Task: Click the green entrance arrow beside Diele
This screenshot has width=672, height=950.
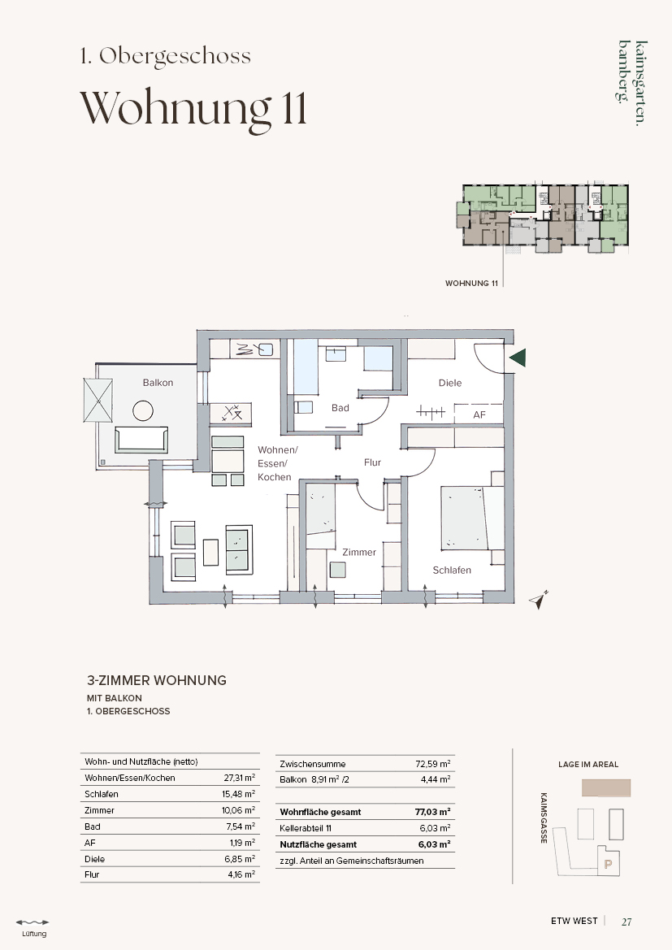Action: pos(518,358)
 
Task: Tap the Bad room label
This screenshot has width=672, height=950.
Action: pos(340,408)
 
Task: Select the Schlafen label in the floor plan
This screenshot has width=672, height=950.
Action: pos(452,570)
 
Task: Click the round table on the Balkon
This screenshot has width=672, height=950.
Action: pos(143,410)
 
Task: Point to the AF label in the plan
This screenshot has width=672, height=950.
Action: pos(479,415)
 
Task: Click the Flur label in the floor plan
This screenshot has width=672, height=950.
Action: pos(372,462)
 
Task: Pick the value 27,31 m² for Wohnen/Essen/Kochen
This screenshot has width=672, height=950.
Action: pos(240,778)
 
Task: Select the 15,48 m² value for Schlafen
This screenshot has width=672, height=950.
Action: pos(239,794)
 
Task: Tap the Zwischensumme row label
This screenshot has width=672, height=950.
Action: pos(313,764)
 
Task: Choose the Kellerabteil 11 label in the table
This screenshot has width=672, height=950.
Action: pos(306,828)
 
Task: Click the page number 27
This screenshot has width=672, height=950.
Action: pos(626,922)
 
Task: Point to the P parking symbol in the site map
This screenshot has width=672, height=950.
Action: pos(609,865)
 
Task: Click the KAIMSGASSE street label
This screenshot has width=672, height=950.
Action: pos(544,818)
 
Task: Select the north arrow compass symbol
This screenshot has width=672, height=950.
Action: pos(538,600)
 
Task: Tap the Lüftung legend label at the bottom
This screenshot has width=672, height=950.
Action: pos(34,934)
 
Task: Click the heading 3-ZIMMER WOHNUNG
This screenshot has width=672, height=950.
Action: pos(157,680)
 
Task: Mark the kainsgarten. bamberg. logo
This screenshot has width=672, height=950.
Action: pos(632,82)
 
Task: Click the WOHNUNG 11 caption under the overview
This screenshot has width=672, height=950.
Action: pos(471,284)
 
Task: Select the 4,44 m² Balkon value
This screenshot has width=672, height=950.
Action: pos(436,780)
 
